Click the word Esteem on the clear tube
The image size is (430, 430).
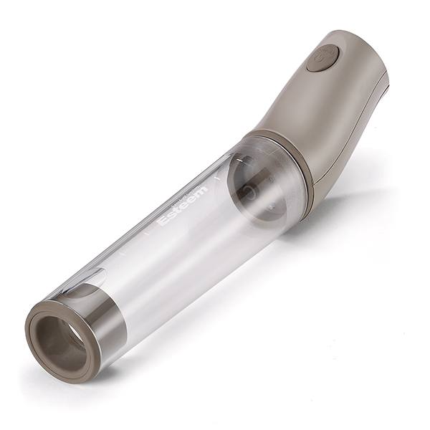pos(183,205)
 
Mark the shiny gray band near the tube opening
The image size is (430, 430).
pos(100,315)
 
